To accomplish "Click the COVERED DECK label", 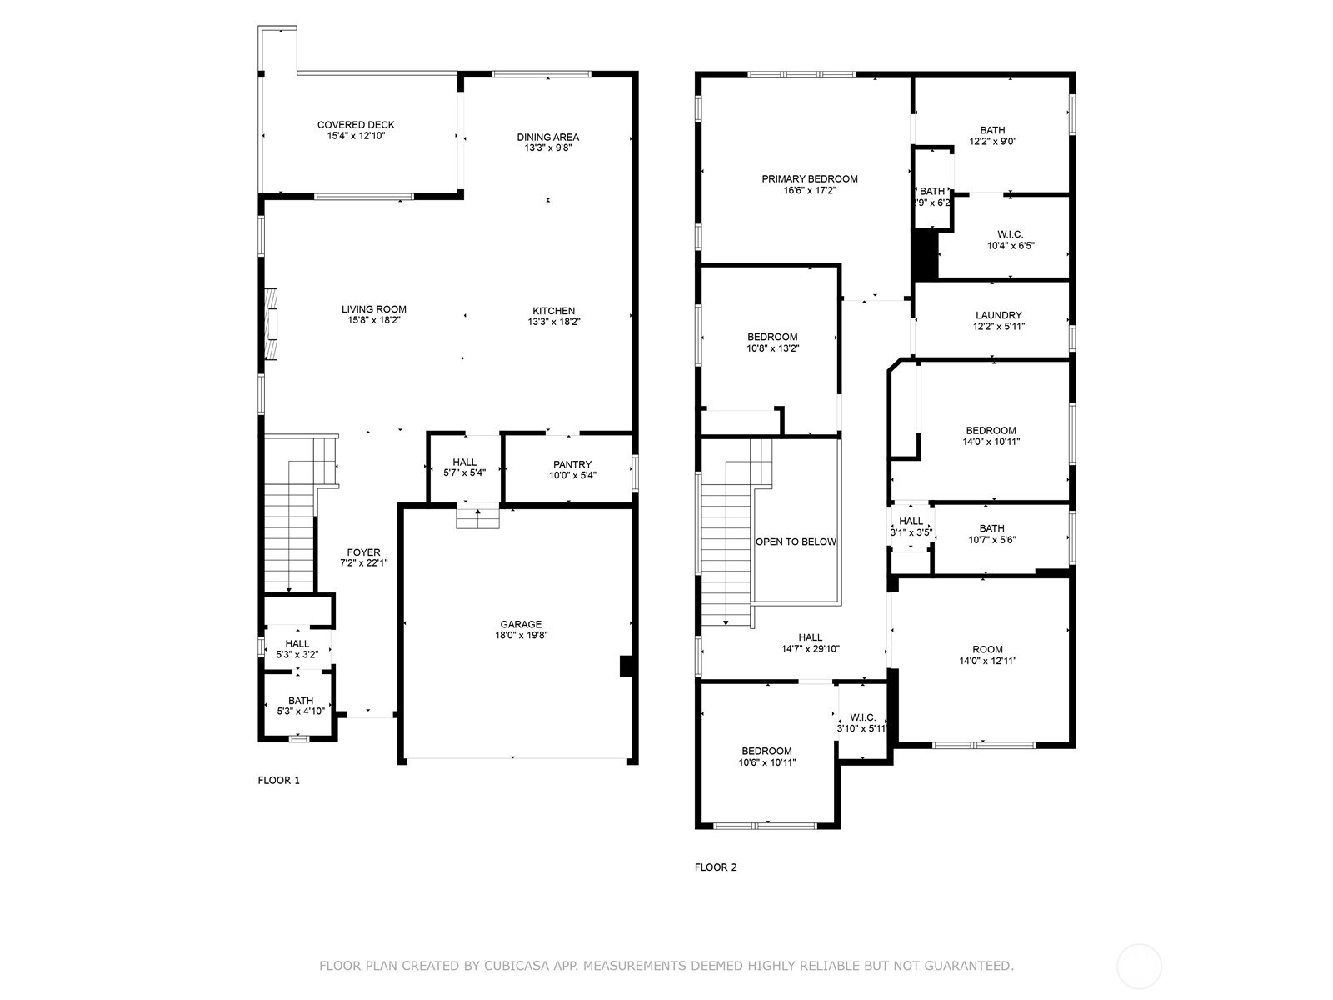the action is click(356, 125).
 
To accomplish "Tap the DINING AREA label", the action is click(547, 137).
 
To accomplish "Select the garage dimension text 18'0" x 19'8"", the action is click(521, 635).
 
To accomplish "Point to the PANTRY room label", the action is click(572, 464).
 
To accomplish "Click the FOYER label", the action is click(364, 552).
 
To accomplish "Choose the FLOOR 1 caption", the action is click(279, 780).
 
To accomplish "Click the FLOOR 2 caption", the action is click(716, 867).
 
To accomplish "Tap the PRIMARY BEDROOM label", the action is click(810, 179).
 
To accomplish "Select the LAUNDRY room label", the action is click(998, 315).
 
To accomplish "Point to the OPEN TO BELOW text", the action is click(796, 542).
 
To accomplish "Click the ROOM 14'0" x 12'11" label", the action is click(987, 655).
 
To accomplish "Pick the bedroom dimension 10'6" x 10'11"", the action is click(767, 762).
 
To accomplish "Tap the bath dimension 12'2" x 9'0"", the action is click(992, 142).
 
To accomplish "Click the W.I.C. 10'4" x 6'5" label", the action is click(1011, 240).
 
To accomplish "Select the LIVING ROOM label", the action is click(373, 310).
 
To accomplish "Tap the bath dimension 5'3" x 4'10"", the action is click(301, 712).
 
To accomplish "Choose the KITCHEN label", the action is click(553, 311).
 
